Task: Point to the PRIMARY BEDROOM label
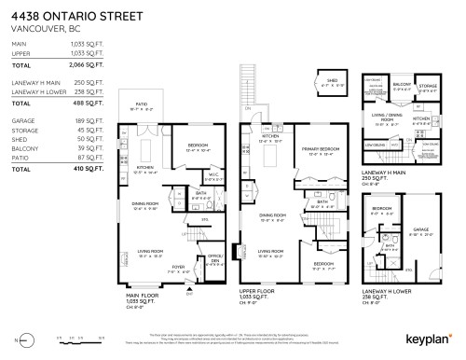pos(317,150)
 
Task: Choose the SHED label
pos(331,80)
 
